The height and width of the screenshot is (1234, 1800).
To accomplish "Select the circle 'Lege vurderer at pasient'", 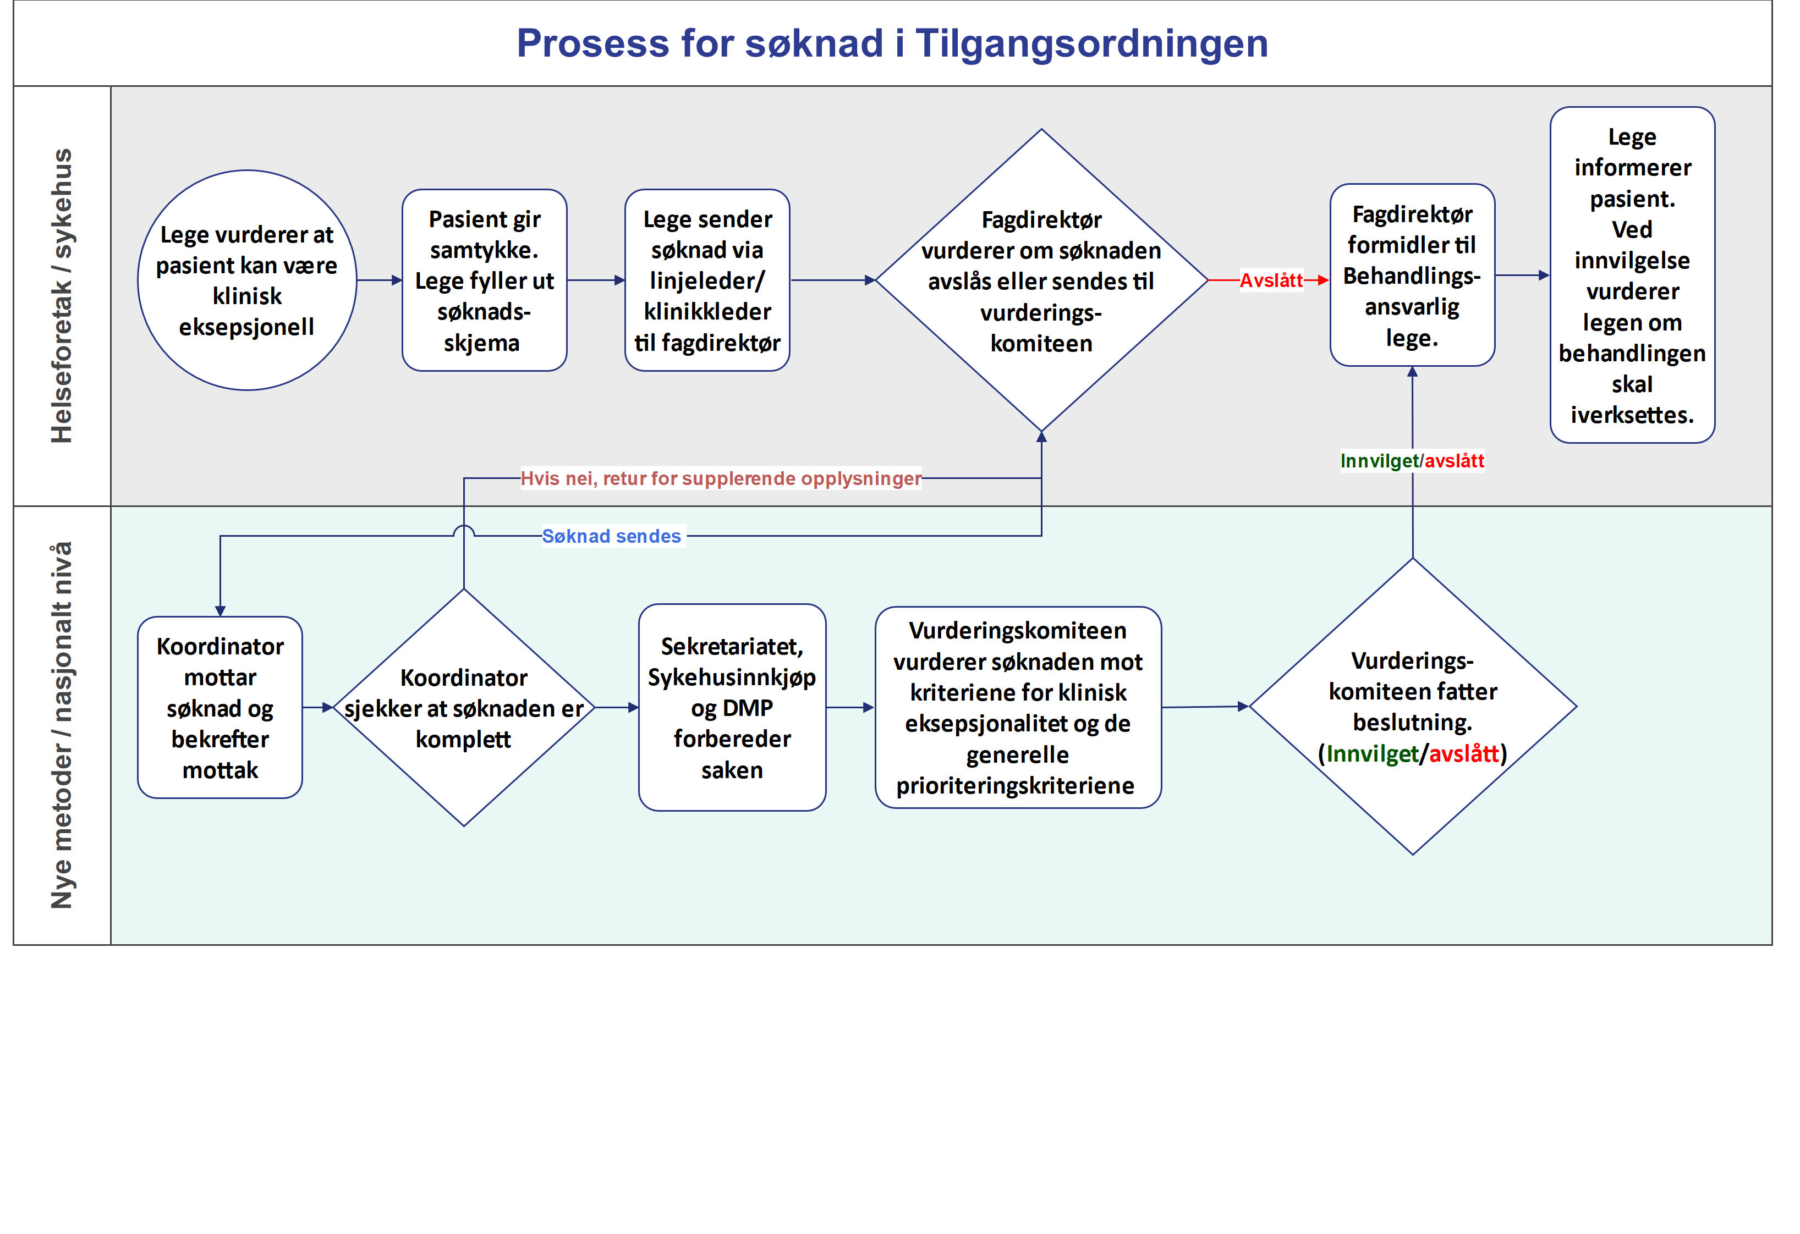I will [x=246, y=280].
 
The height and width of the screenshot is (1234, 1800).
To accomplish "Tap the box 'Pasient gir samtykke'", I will [x=484, y=280].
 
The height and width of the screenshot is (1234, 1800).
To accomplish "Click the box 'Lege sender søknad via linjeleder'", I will [x=706, y=280].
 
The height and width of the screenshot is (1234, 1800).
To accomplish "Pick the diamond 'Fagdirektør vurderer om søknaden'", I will [x=1040, y=280].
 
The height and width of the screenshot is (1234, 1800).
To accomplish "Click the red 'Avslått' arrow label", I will [x=1270, y=280].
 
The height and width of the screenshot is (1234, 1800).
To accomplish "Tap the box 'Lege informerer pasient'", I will [x=1631, y=276].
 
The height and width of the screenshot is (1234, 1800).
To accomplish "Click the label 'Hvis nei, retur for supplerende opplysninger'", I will [x=720, y=478].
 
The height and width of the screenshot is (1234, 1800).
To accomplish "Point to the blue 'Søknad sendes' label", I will [x=611, y=536].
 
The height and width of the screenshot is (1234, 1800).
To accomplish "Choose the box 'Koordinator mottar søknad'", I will [x=220, y=708].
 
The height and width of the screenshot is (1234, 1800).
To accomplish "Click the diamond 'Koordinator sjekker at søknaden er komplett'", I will [x=463, y=708].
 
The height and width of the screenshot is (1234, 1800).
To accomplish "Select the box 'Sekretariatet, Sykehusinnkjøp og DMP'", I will [x=731, y=708].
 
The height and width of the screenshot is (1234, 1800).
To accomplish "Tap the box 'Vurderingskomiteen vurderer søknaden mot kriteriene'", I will [x=1017, y=708].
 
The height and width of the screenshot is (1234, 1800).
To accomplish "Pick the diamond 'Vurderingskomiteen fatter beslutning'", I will [x=1412, y=706].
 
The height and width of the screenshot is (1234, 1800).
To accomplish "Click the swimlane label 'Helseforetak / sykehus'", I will [x=62, y=296].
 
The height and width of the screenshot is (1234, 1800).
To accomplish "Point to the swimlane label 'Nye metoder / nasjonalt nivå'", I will [x=62, y=725].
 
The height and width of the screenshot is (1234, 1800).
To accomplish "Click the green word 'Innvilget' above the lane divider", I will [x=1379, y=461].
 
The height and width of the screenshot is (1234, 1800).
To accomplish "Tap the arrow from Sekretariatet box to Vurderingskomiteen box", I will [x=849, y=708].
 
